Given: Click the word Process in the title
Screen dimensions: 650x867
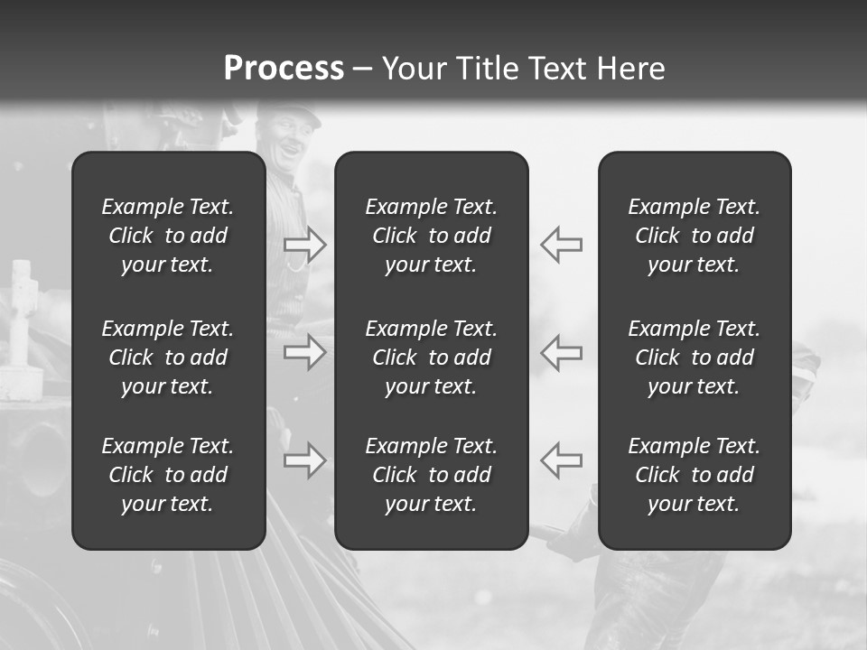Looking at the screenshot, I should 284,69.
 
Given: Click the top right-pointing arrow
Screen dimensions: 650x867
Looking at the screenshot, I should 304,245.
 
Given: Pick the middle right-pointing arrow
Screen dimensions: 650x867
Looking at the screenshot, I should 304,352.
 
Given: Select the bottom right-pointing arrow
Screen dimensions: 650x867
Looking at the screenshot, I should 304,460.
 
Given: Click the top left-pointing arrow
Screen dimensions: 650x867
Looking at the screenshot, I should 562,245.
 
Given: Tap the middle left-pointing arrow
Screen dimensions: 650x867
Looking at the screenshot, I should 562,352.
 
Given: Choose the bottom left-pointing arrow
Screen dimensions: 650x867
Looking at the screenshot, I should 562,460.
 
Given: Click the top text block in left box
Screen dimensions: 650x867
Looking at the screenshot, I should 168,236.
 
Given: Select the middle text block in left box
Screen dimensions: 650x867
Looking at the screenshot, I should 168,357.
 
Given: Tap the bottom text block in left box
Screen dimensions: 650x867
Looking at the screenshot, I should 168,475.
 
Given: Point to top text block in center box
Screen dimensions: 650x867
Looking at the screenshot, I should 431,236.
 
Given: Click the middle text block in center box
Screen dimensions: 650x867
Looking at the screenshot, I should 431,357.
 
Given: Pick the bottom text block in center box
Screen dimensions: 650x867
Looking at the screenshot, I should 431,475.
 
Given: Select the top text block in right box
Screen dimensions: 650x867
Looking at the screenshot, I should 694,236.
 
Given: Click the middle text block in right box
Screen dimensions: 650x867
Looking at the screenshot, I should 694,357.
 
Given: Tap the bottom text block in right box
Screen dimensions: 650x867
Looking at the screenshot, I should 694,475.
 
